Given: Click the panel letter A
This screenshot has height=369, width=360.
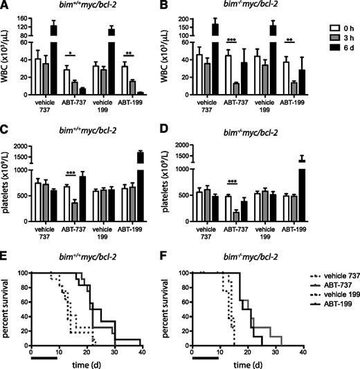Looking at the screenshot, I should click(5, 6).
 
